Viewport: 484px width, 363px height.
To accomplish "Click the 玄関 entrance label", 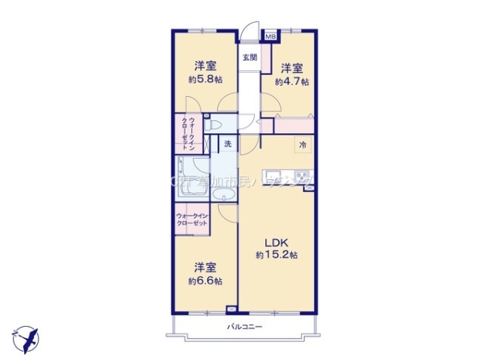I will coord(249,57).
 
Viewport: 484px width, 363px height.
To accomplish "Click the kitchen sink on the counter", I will coord(273,175).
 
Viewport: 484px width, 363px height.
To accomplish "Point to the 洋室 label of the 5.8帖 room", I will coord(205,65).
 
